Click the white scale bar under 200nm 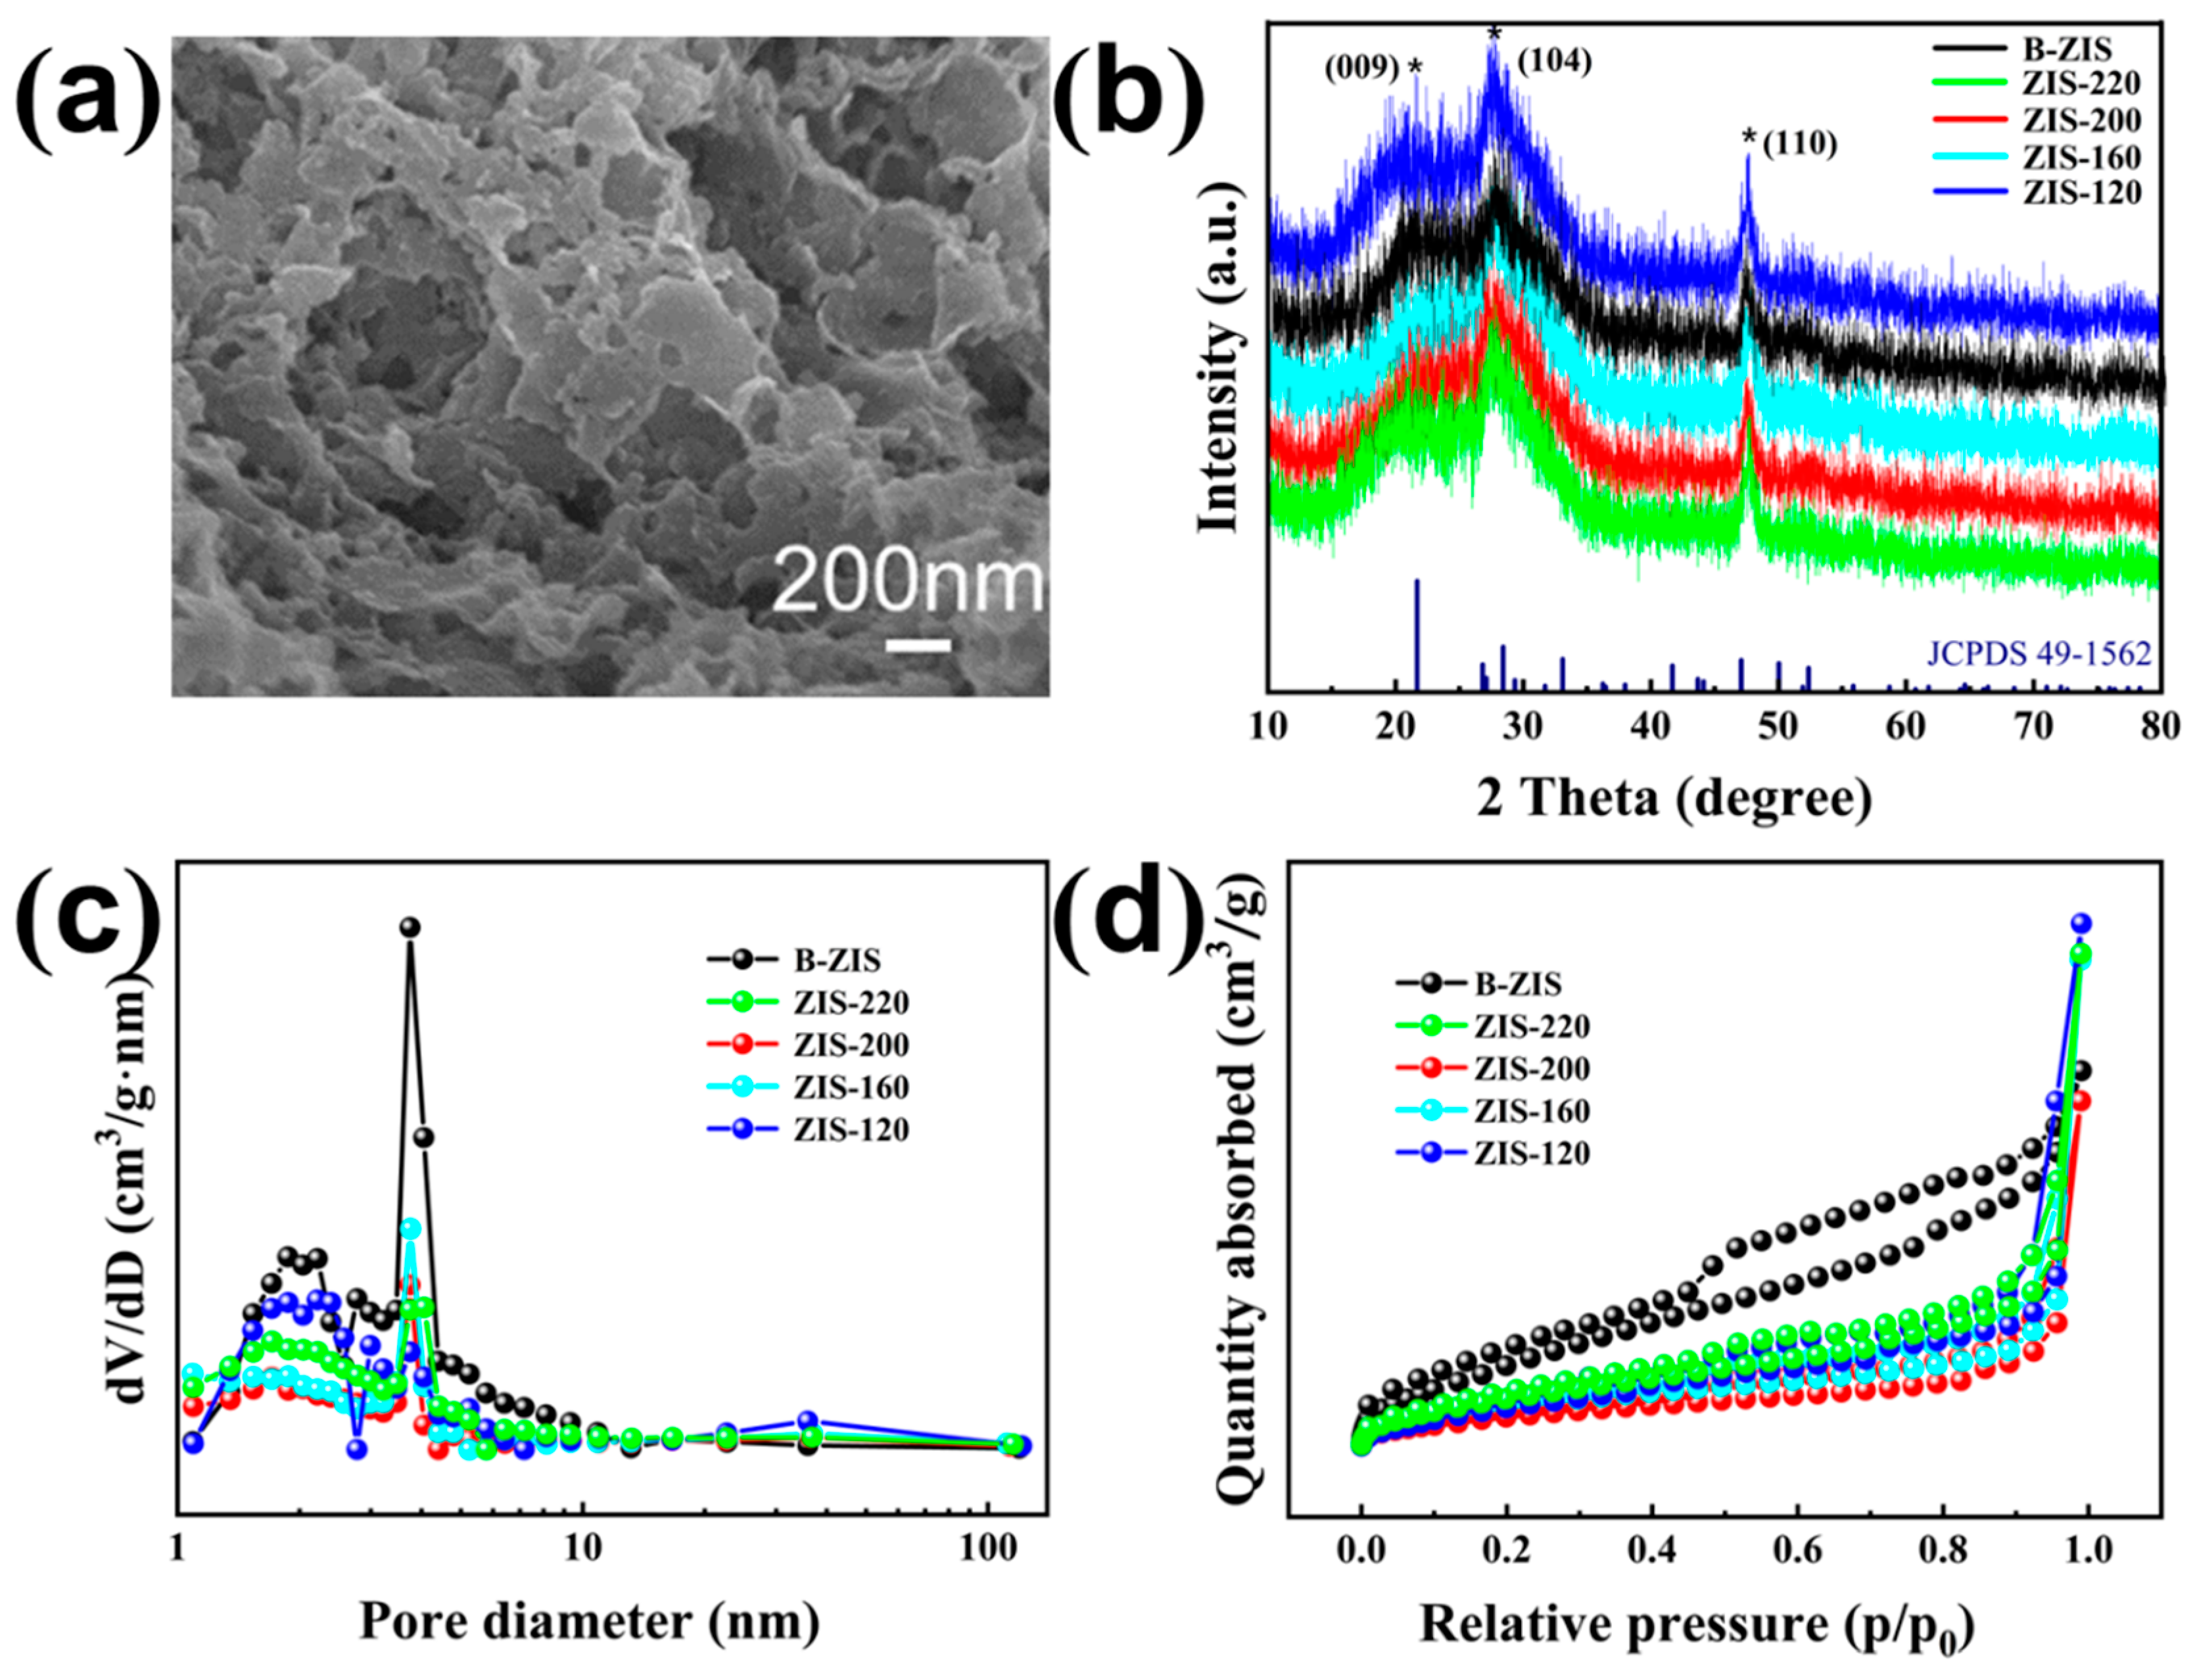918,645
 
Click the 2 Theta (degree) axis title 1674,797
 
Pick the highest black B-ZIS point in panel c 410,927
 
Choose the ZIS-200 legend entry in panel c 809,1044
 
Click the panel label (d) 1133,914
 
